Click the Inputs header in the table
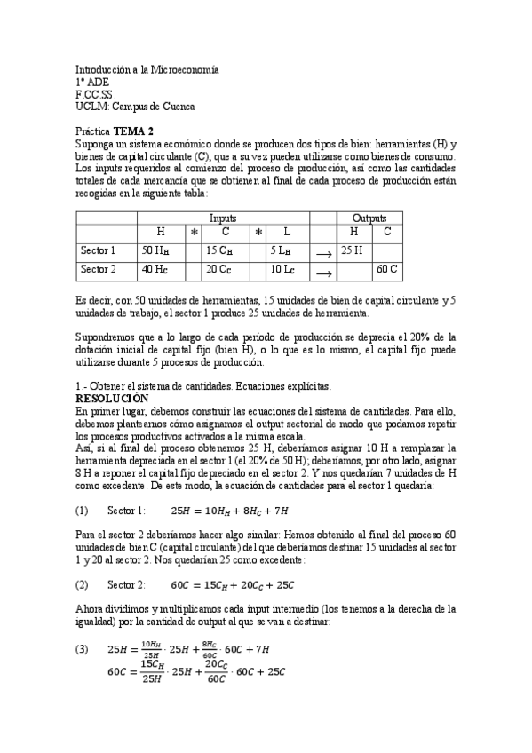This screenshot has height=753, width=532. pos(223,218)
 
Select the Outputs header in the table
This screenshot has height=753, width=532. pos(369,218)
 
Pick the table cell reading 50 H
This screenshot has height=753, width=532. pos(155,250)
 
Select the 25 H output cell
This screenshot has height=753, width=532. pos(352,250)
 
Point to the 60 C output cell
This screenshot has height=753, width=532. pos(386,268)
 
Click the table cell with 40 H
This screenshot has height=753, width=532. pos(155,269)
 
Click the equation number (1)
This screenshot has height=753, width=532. pos(83,511)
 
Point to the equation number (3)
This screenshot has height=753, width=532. pos(83,651)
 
